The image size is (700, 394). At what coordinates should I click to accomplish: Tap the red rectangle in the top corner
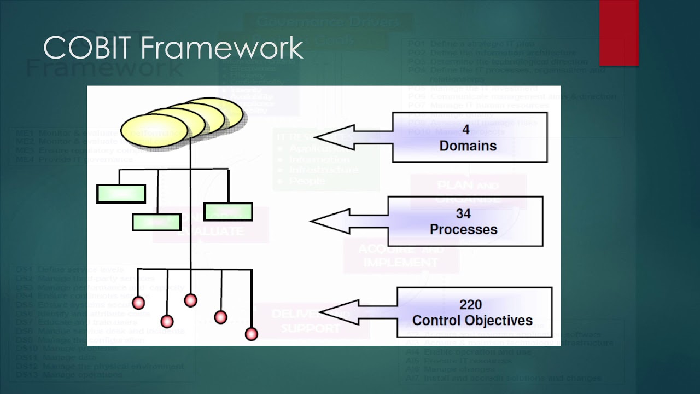tap(619, 33)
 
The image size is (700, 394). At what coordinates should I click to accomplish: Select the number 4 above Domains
tap(466, 130)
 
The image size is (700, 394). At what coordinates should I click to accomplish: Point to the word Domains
tap(468, 146)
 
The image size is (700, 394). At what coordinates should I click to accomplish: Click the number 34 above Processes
tap(463, 213)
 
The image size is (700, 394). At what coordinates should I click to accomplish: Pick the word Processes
tap(464, 229)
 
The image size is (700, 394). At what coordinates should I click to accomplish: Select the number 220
tap(471, 304)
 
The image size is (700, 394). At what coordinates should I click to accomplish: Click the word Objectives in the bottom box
tap(499, 320)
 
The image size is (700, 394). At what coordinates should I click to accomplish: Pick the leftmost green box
tap(121, 194)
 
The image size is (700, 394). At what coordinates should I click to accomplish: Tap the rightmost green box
tap(228, 212)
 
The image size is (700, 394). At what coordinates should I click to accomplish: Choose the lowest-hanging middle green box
tap(156, 222)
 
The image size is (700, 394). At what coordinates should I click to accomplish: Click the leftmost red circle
tap(139, 303)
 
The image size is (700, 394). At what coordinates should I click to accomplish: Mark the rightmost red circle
tap(252, 333)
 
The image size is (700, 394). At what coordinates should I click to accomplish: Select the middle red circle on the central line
tap(190, 300)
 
